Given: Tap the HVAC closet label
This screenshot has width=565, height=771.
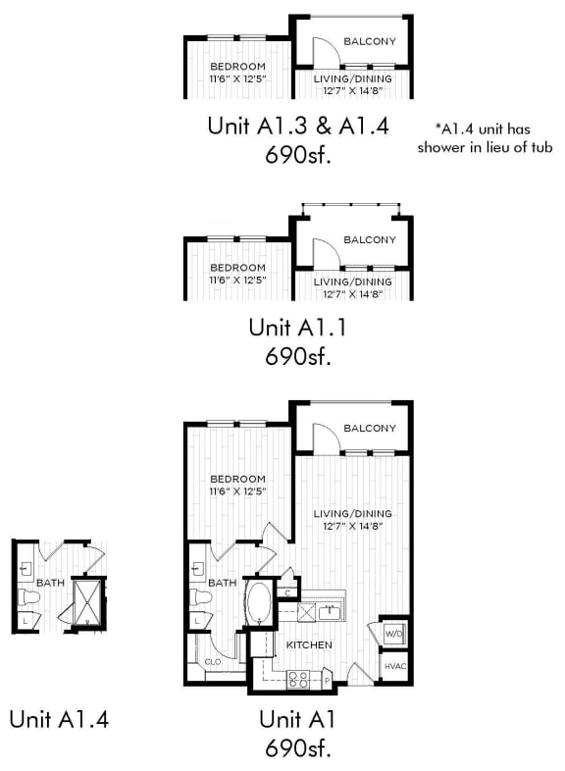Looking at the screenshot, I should coord(392,667).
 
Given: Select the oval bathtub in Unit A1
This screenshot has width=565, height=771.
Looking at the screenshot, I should coord(259,604).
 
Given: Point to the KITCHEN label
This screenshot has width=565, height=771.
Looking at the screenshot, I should coord(308,644).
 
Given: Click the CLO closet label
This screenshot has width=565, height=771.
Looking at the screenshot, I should coord(213,661).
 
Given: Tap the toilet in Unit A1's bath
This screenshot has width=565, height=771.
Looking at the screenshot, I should coord(202,597).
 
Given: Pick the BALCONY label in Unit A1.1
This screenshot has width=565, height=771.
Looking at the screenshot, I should coord(369,239).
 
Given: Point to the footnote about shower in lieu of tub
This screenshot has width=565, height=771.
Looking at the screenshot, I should coord(485,137).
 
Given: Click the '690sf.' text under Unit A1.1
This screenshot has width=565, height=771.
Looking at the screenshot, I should coord(298,355).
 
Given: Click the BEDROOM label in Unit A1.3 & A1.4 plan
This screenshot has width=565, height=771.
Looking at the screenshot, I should coord(237,67).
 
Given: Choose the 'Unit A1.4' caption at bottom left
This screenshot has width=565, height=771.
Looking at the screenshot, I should coord(59,719).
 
